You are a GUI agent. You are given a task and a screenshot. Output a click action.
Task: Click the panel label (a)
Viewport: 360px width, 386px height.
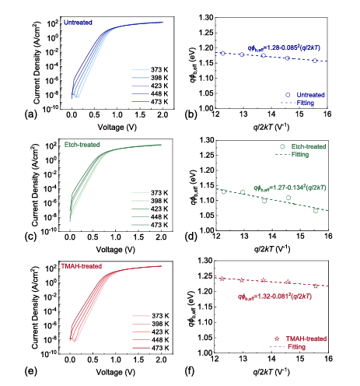tap(30, 114)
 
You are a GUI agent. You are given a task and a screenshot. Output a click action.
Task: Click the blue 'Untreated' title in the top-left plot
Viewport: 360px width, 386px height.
tap(78, 23)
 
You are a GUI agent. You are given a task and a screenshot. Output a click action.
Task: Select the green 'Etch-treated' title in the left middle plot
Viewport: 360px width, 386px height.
tap(82, 145)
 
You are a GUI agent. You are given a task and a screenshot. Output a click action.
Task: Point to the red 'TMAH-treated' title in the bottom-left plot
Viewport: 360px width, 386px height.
tap(81, 266)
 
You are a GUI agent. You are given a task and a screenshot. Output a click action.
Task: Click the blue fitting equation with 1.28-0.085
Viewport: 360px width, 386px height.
tap(284, 48)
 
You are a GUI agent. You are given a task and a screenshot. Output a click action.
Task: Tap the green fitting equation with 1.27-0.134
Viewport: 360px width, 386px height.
tap(289, 188)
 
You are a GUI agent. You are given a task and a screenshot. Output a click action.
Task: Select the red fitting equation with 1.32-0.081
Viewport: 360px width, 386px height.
tap(274, 297)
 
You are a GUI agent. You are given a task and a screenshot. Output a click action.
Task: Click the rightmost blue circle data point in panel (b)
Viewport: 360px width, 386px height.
tap(315, 61)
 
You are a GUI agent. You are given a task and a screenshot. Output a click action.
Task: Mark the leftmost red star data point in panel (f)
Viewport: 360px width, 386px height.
tap(222, 279)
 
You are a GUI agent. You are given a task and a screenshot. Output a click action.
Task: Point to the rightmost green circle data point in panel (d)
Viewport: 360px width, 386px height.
tap(316, 211)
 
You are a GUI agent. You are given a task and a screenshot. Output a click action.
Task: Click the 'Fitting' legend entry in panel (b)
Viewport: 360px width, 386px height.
tap(297, 103)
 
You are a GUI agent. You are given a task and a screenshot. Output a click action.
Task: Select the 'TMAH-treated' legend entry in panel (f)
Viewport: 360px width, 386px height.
tap(300, 339)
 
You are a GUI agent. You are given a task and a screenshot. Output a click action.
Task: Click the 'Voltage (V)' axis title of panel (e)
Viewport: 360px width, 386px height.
tap(116, 373)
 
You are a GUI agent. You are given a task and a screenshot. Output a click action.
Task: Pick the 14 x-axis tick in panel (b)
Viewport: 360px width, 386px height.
tap(271, 114)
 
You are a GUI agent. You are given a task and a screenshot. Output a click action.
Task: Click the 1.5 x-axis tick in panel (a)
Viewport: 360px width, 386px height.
tap(140, 114)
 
